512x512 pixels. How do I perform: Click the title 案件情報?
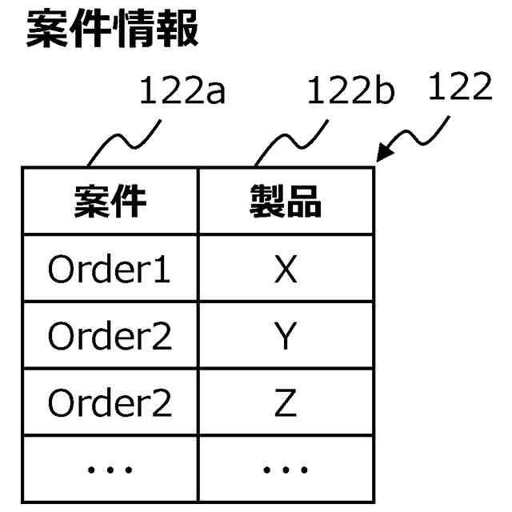click(x=113, y=30)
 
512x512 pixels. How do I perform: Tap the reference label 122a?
click(x=182, y=92)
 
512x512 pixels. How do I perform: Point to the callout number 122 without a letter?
click(x=459, y=88)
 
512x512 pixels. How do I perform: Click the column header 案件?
click(x=110, y=202)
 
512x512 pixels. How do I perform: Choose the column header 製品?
click(x=286, y=202)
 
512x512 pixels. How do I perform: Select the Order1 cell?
click(x=110, y=270)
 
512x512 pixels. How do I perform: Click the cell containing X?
click(x=286, y=270)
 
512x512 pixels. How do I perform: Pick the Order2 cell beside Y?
click(x=110, y=337)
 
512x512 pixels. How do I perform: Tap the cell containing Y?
click(x=286, y=337)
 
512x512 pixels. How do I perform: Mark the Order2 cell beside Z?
click(x=110, y=403)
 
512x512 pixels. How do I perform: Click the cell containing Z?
click(x=286, y=403)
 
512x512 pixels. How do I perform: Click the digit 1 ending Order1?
click(x=162, y=270)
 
